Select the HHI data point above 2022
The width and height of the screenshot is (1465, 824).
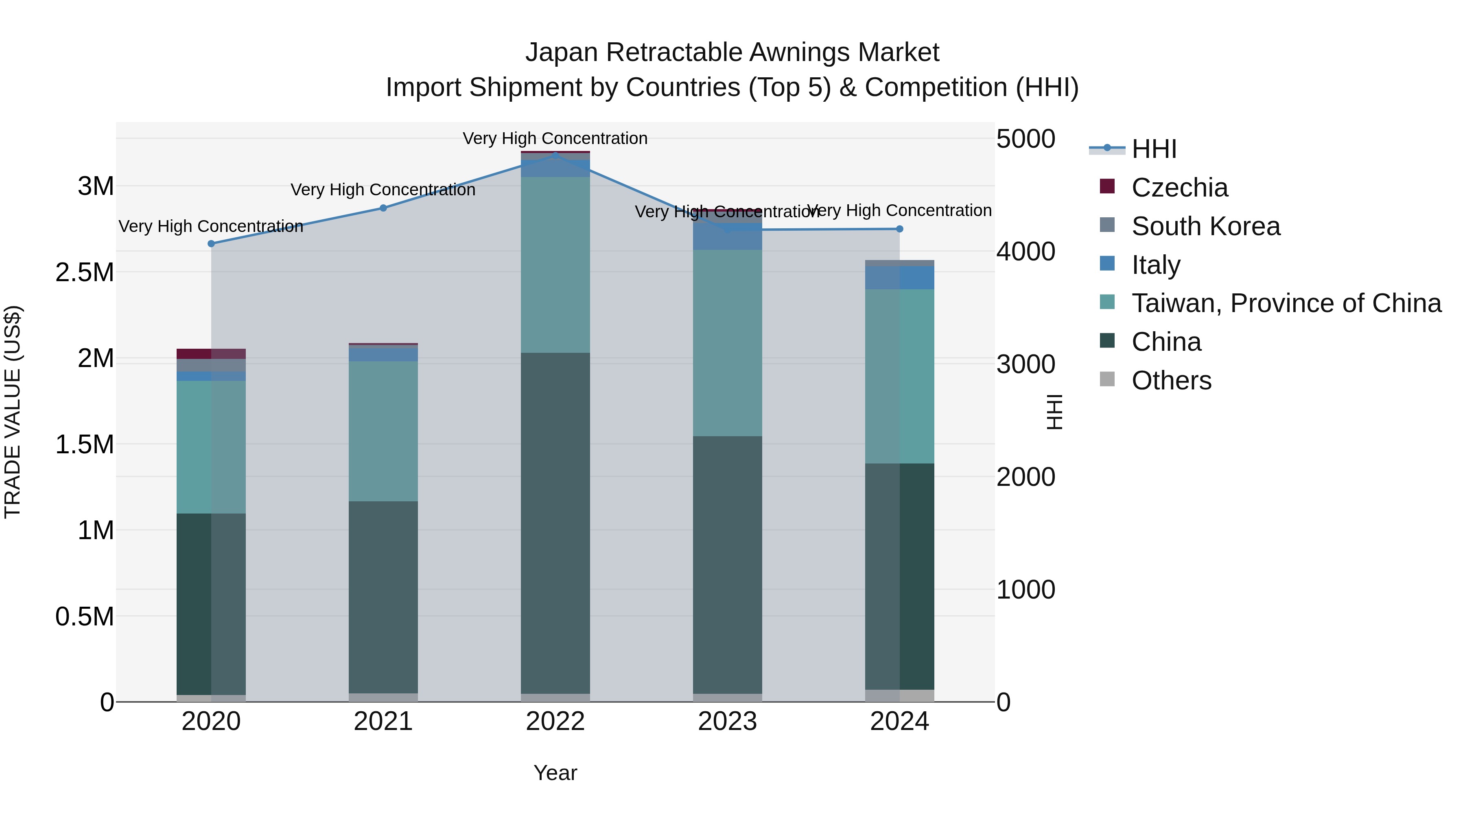[555, 155]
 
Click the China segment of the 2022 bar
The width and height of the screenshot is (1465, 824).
[555, 523]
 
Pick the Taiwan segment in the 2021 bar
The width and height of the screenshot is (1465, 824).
[383, 431]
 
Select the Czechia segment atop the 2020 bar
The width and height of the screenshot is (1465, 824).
[211, 354]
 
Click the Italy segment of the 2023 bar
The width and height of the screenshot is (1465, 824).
[727, 236]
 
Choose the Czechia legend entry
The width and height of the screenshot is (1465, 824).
[1179, 188]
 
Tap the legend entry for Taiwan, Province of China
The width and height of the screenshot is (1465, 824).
[1286, 303]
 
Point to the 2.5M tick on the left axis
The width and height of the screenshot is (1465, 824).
[85, 272]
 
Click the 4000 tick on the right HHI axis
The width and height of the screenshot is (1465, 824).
[1025, 251]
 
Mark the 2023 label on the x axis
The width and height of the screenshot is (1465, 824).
[727, 721]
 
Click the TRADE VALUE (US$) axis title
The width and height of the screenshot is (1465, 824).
[13, 412]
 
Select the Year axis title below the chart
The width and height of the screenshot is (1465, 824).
[555, 773]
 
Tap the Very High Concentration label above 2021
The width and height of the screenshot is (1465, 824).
[383, 189]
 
